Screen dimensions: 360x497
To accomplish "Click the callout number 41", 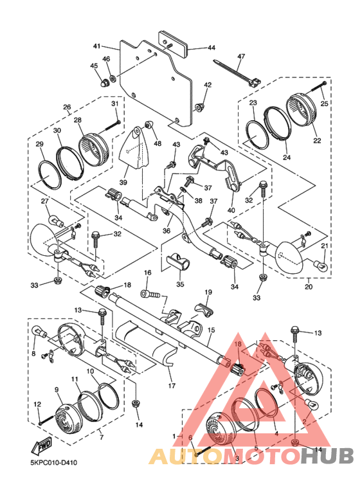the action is tap(96, 46).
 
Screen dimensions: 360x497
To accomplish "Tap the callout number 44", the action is tap(212, 48).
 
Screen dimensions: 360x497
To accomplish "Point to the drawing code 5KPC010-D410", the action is tap(53, 463).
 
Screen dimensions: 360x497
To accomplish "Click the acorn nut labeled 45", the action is tap(104, 83).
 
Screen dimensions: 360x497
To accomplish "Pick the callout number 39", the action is tap(123, 182).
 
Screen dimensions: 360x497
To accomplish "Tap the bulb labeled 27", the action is tap(56, 221).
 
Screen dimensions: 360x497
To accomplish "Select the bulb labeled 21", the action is tap(320, 263).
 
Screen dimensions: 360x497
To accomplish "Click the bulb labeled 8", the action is tap(40, 332).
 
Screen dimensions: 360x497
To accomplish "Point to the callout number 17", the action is tap(172, 386).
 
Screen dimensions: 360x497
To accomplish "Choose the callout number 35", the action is tap(180, 284).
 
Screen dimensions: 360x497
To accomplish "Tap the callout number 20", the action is tap(309, 287).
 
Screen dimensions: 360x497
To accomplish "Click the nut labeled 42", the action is tap(199, 107).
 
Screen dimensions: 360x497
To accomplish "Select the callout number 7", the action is tap(102, 438).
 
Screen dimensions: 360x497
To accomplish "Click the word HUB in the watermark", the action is tap(327, 456).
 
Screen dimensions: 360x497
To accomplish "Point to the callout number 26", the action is tap(67, 107).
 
